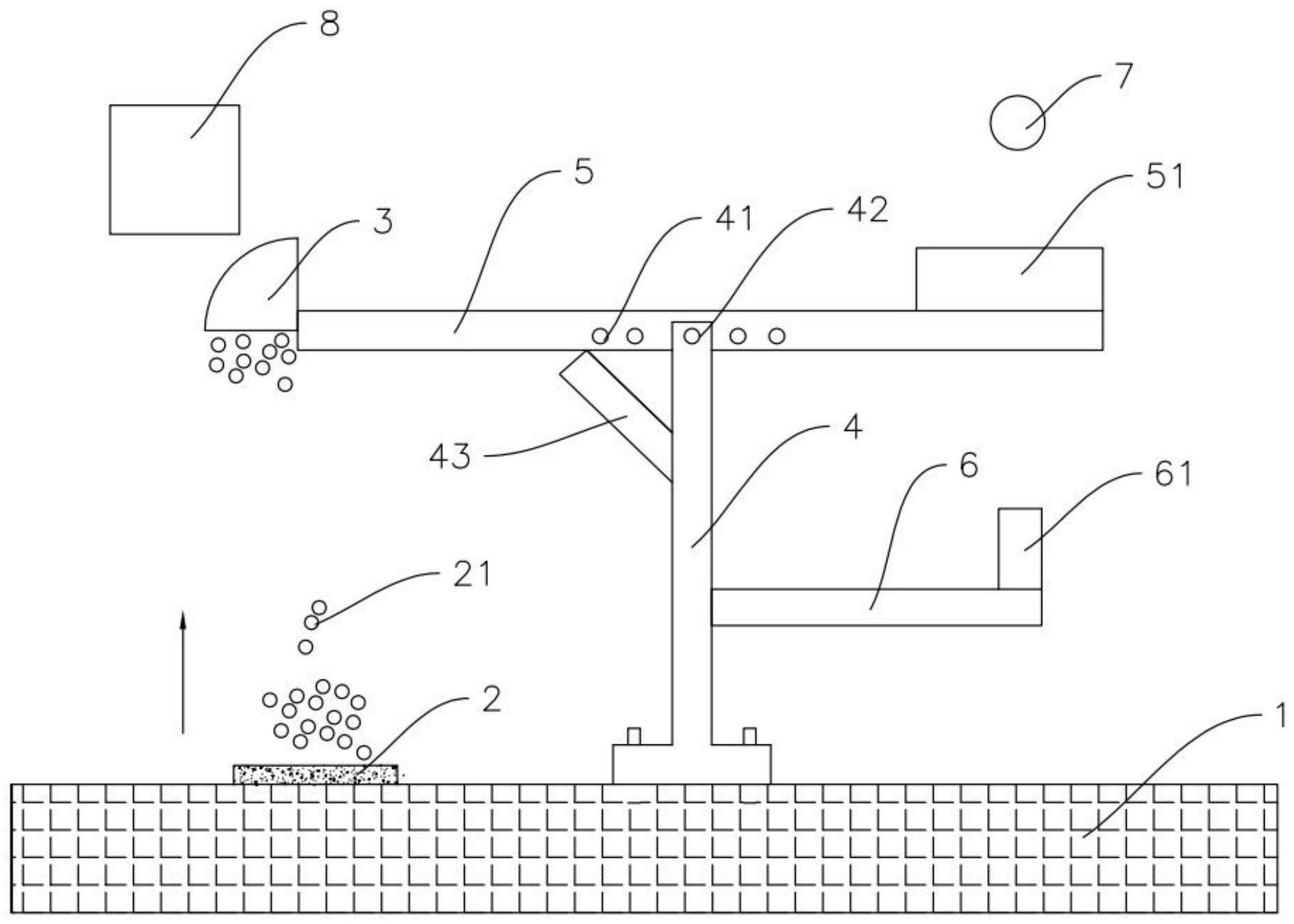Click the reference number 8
(x=329, y=25)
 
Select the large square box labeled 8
(x=174, y=169)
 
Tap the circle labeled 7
(x=1017, y=122)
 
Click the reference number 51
(x=1165, y=176)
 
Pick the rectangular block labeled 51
(x=1009, y=279)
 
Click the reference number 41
(x=733, y=219)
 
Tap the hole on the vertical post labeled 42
(x=692, y=336)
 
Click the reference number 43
(x=450, y=456)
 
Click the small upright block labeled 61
(x=1020, y=548)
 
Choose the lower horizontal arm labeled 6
(x=876, y=607)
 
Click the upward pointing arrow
(x=183, y=673)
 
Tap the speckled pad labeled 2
(x=315, y=774)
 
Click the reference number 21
(x=472, y=574)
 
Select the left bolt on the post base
(x=633, y=736)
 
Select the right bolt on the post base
(x=749, y=736)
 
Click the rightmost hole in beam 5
(x=777, y=336)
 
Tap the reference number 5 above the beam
(x=584, y=172)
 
